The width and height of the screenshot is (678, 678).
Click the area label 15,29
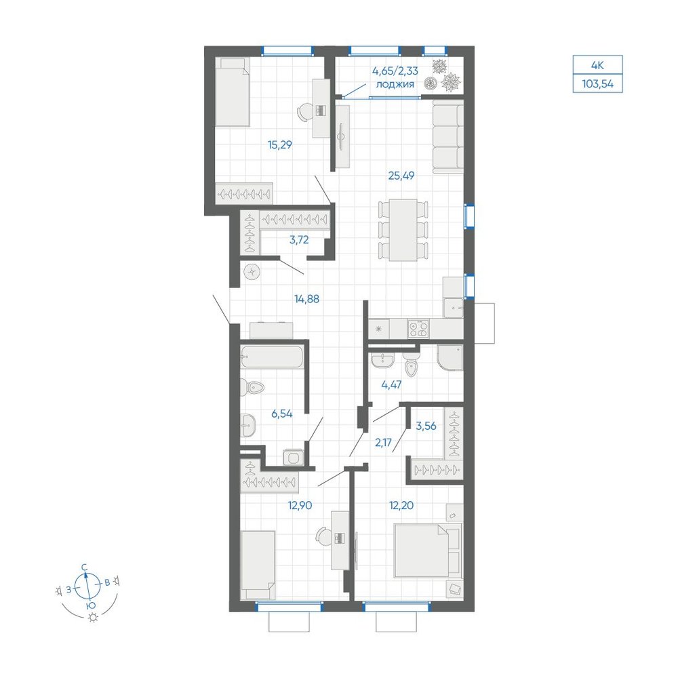click(280, 145)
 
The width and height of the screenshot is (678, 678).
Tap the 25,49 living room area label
click(401, 176)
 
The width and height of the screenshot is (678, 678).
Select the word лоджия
click(395, 84)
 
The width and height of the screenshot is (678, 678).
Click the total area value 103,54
click(597, 84)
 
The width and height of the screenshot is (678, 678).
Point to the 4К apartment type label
click(597, 66)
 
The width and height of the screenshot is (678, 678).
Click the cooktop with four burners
click(418, 329)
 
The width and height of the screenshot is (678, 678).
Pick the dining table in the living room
click(403, 230)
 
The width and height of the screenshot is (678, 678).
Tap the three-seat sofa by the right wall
click(448, 137)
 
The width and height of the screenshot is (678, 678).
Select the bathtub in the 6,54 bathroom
click(272, 357)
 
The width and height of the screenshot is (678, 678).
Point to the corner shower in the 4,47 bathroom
click(450, 358)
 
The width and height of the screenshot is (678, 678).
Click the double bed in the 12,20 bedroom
click(427, 550)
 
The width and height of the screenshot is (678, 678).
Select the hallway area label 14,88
click(306, 299)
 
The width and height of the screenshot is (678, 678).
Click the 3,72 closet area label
click(299, 239)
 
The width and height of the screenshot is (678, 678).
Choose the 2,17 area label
click(384, 442)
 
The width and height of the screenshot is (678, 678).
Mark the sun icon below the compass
click(93, 618)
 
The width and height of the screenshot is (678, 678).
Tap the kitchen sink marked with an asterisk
click(379, 329)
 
